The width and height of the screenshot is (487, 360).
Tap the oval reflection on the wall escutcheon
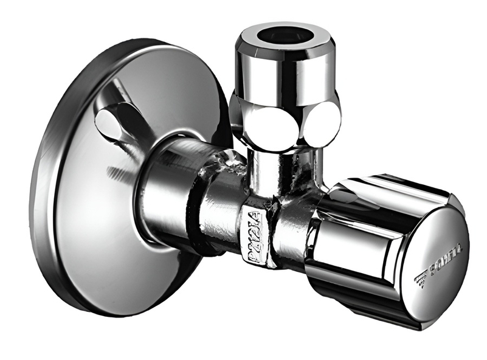(x=112, y=124)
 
